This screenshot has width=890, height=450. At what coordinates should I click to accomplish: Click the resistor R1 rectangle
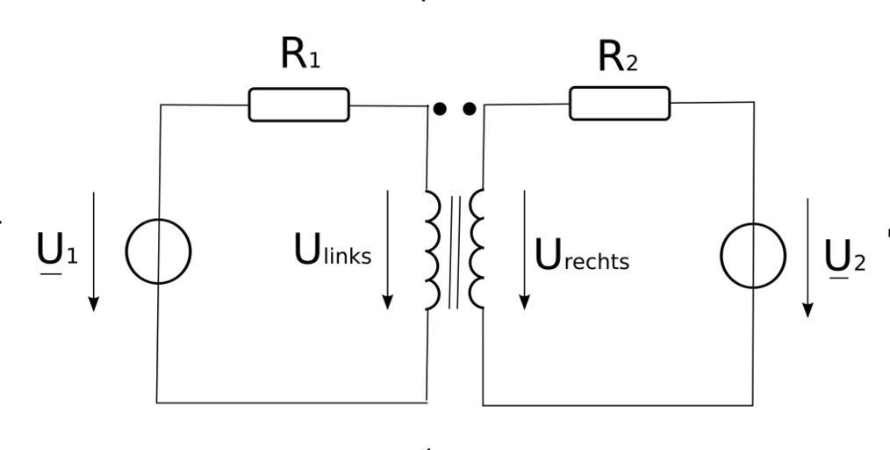tap(298, 105)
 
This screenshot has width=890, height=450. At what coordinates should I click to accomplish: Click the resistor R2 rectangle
tap(620, 104)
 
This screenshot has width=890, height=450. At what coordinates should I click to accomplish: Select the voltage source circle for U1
tap(158, 252)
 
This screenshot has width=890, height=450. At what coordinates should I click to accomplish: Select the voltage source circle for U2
tap(753, 256)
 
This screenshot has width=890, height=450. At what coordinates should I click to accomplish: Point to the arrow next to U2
tap(807, 258)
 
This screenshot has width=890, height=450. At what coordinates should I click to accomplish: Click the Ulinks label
tap(332, 252)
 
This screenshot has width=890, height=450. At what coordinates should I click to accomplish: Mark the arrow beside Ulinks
tap(387, 250)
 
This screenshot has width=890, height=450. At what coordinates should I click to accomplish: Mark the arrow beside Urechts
tap(524, 250)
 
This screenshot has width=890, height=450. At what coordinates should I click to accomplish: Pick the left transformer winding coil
tap(432, 250)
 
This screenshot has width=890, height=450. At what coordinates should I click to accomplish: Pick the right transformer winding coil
tap(477, 250)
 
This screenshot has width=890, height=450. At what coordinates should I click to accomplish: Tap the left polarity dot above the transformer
tap(441, 109)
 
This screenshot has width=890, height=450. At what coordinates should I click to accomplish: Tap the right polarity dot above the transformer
tap(470, 109)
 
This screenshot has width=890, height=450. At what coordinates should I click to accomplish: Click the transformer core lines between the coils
tap(454, 251)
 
